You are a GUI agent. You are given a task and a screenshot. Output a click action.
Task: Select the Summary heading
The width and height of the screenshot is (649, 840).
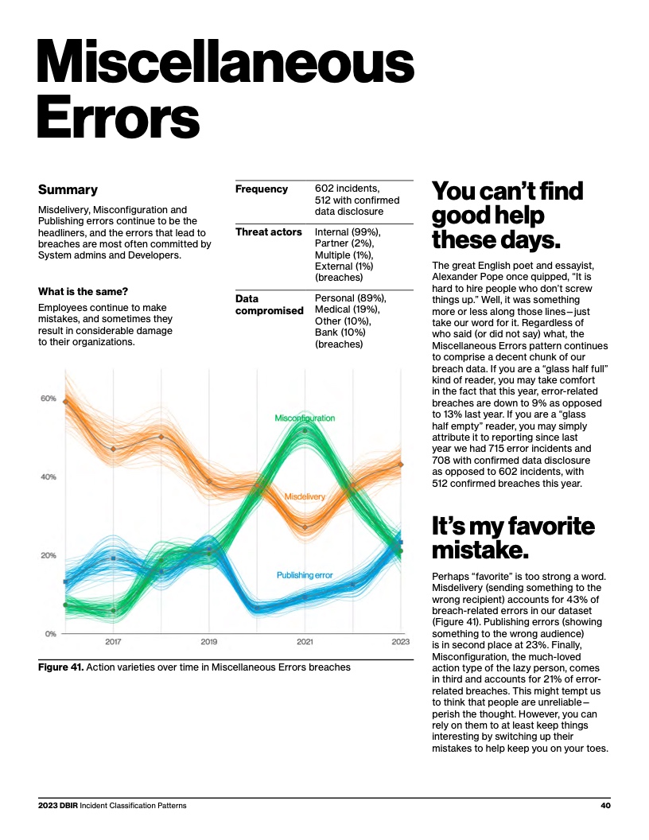click(x=68, y=190)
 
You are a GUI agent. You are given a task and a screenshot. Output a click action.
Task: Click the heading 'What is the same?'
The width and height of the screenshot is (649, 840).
click(x=84, y=292)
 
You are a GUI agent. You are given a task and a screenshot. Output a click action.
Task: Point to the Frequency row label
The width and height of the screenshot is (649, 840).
click(x=261, y=189)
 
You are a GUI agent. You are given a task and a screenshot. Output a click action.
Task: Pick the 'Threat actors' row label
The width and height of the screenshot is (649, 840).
click(x=268, y=232)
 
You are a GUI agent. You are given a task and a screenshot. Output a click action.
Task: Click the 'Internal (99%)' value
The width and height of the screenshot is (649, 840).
click(x=348, y=232)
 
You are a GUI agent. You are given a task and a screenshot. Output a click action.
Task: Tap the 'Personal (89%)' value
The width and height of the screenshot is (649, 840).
click(x=350, y=298)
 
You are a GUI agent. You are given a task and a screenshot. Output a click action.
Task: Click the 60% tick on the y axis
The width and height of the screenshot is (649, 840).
click(x=48, y=399)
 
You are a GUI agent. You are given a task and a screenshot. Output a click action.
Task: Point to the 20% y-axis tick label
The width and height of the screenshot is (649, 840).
click(x=48, y=555)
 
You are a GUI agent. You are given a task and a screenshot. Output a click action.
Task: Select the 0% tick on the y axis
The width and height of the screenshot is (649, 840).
click(x=50, y=634)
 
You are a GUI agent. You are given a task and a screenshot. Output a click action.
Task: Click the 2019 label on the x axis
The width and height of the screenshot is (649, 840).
click(x=208, y=641)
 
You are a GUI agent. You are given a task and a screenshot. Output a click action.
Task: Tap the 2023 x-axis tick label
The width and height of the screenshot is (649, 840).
click(x=400, y=641)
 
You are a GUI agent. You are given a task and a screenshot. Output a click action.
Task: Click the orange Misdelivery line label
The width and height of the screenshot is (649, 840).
click(x=305, y=496)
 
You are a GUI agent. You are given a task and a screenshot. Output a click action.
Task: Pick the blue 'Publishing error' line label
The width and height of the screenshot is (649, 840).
click(x=305, y=575)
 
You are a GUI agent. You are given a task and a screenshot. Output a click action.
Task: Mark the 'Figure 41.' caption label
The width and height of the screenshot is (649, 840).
click(x=60, y=667)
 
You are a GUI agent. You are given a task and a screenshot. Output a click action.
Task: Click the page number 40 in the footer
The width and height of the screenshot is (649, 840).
click(x=605, y=806)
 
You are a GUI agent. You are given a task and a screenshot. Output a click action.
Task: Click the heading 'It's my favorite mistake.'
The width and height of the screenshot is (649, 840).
click(x=512, y=538)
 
